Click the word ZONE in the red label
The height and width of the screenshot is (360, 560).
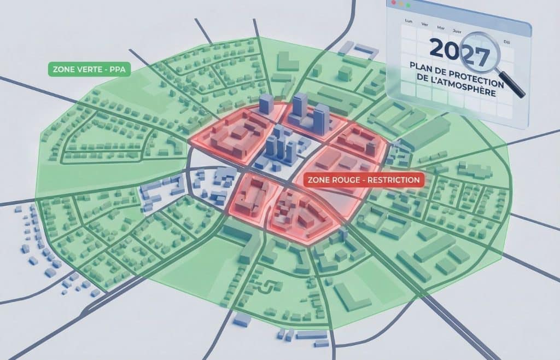coord(319,179)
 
